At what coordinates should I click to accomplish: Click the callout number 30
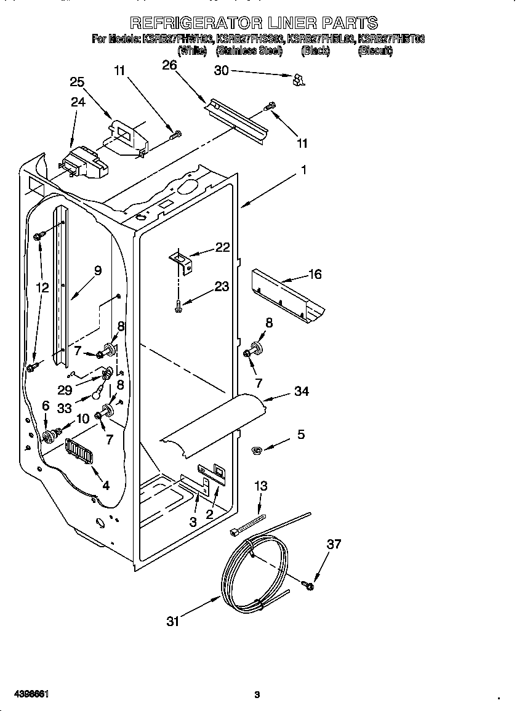(x=221, y=71)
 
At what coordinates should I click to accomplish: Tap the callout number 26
(x=169, y=65)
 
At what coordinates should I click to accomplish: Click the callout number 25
(x=77, y=82)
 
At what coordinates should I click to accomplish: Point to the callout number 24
(x=78, y=102)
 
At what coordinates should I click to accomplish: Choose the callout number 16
(x=315, y=275)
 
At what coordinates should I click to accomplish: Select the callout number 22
(x=222, y=247)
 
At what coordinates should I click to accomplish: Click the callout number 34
(x=301, y=391)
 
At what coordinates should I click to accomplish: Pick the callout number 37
(x=334, y=544)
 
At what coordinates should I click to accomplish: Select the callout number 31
(x=173, y=622)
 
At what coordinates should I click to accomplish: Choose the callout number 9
(x=98, y=270)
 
